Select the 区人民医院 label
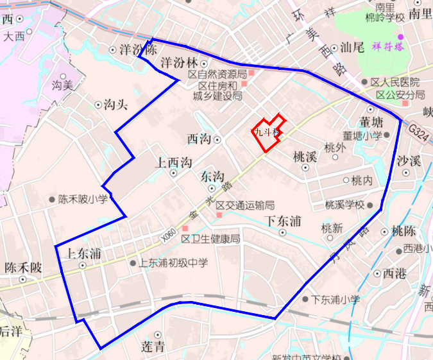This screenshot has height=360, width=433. (395, 83)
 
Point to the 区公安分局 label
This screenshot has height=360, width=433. (400, 95)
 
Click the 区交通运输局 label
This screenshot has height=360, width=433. (245, 205)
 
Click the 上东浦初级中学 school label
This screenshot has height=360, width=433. (173, 262)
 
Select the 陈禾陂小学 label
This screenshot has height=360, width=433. (85, 200)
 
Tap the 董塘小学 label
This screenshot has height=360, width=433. (363, 135)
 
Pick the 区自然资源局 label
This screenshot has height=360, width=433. (217, 75)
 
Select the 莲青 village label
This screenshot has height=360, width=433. (153, 347)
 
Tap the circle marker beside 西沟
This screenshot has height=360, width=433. (217, 139)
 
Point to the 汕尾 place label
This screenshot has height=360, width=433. (352, 47)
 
